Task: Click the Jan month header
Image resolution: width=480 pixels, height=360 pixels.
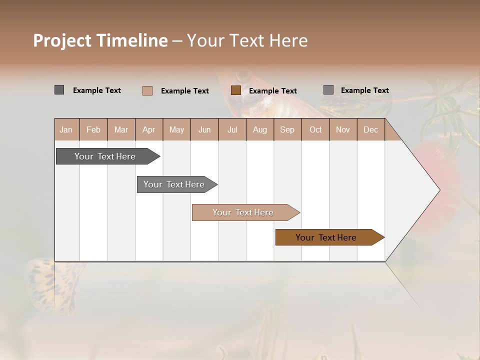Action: pyautogui.click(x=66, y=129)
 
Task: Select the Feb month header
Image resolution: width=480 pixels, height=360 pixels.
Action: pyautogui.click(x=93, y=129)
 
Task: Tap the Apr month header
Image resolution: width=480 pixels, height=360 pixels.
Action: pyautogui.click(x=148, y=129)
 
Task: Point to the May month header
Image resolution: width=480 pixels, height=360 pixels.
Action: pyautogui.click(x=176, y=129)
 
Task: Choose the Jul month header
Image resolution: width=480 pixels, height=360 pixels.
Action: pyautogui.click(x=232, y=129)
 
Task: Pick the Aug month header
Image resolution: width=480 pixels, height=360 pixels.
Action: pyautogui.click(x=259, y=129)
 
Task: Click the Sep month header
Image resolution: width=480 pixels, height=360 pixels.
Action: pyautogui.click(x=287, y=129)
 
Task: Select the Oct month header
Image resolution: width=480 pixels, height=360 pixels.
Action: pyautogui.click(x=315, y=129)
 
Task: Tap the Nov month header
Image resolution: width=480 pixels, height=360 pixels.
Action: pyautogui.click(x=342, y=129)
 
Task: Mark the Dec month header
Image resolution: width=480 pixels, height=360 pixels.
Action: pyautogui.click(x=370, y=129)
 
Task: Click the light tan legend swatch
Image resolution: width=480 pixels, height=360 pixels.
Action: pyautogui.click(x=147, y=90)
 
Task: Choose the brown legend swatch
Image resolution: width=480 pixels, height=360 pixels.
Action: pyautogui.click(x=236, y=90)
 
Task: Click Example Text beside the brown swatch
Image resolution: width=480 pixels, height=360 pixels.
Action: pyautogui.click(x=272, y=91)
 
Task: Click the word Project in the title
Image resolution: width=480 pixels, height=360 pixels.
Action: pyautogui.click(x=62, y=40)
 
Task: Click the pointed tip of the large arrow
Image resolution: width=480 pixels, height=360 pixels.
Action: pyautogui.click(x=438, y=190)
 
